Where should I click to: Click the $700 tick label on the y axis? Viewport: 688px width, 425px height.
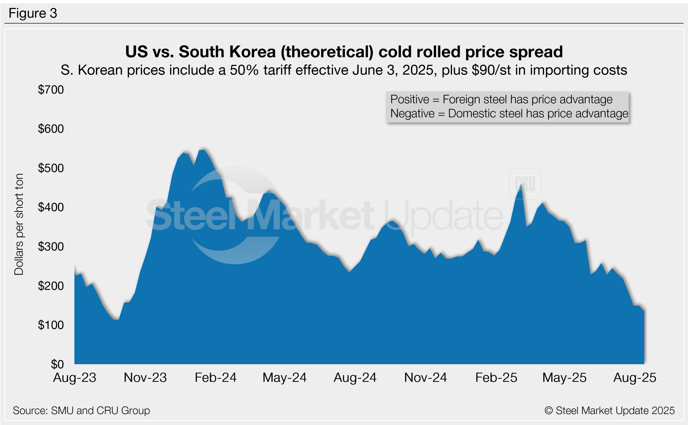(x=51, y=90)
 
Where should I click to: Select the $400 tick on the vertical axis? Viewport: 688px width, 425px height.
(x=51, y=207)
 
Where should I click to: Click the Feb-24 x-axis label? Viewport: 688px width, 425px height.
(x=216, y=377)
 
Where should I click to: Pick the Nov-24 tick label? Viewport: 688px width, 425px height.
(x=425, y=377)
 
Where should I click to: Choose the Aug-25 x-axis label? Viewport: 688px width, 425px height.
(x=635, y=377)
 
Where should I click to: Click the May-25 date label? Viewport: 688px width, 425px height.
(x=564, y=377)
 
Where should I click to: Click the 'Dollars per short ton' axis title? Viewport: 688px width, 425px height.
(x=19, y=224)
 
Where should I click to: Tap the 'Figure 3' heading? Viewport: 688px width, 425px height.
(x=33, y=13)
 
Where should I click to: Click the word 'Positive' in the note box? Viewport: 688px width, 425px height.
(x=410, y=99)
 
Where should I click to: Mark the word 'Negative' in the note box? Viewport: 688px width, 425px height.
(x=412, y=113)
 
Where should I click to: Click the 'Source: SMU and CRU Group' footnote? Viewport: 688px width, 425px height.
(x=81, y=411)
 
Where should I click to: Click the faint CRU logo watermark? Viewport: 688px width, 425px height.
(x=525, y=184)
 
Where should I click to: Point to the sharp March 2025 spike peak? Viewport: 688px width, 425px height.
(x=521, y=185)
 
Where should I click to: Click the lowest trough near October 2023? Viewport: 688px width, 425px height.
(x=118, y=320)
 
